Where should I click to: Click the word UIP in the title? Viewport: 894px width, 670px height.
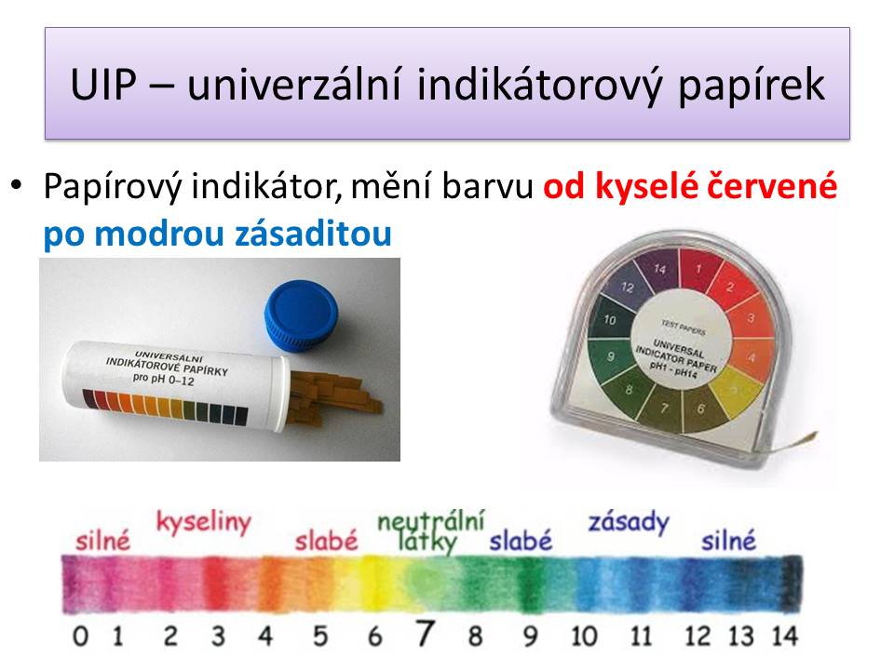click(103, 85)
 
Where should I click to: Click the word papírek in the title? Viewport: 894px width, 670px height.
click(752, 87)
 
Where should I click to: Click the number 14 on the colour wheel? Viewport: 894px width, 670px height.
click(659, 268)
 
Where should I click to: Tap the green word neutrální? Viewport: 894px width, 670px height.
click(431, 519)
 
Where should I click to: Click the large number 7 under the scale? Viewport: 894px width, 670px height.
click(425, 633)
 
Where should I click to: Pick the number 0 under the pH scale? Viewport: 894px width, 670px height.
click(80, 636)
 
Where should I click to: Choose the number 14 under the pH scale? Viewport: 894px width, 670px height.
click(784, 636)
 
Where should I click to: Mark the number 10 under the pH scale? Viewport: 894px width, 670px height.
click(584, 636)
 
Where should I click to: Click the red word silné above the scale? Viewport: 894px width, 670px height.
click(102, 540)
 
